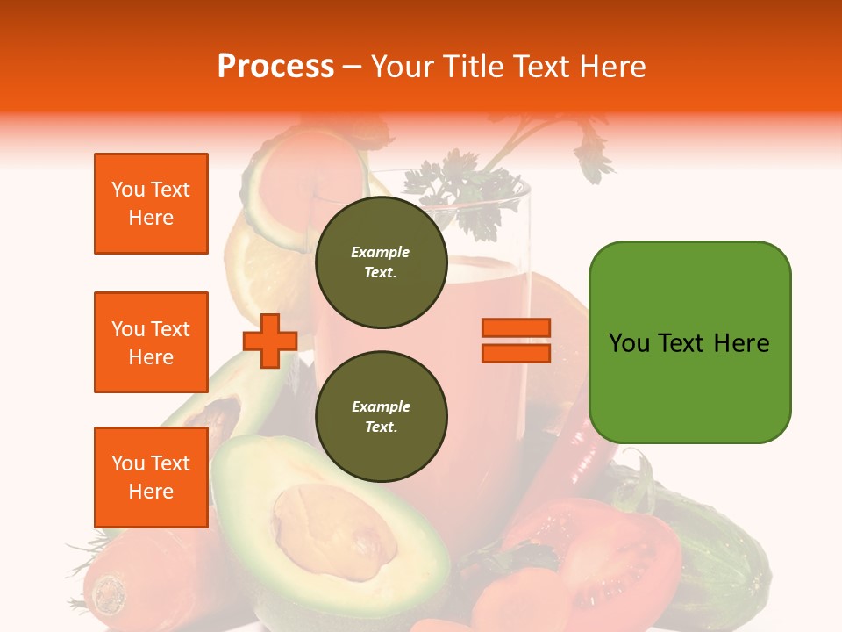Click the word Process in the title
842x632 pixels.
tap(275, 67)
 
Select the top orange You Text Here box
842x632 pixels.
tap(151, 204)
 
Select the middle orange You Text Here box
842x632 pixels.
tap(151, 342)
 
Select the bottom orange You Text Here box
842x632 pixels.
tap(151, 478)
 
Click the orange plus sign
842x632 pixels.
tap(270, 341)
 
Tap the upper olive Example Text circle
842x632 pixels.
tap(381, 262)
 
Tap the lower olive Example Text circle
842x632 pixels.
tap(381, 417)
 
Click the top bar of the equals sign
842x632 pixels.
tap(517, 328)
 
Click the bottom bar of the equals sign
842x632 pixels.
tap(517, 353)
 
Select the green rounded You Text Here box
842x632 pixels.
tap(689, 342)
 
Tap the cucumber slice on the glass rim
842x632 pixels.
tap(272, 189)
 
